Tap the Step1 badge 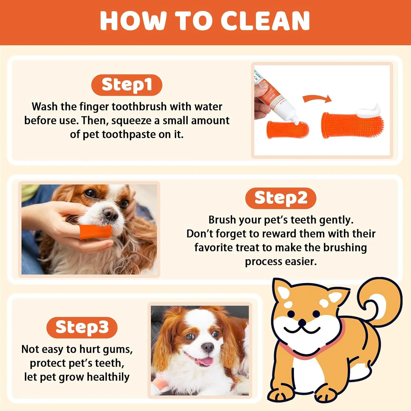[x=127, y=85]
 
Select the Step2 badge [x=281, y=198]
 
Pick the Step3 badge [x=82, y=327]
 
